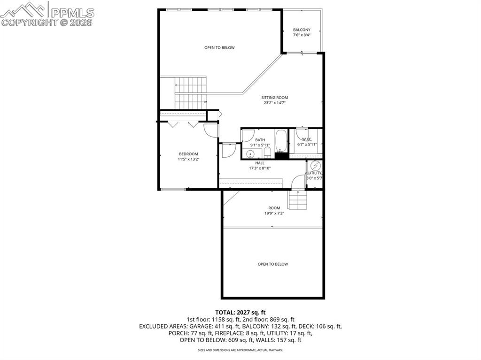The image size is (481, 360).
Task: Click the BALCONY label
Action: click(x=302, y=30)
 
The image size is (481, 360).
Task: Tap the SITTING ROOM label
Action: click(x=274, y=98)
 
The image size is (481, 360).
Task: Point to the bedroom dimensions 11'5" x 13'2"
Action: click(x=188, y=159)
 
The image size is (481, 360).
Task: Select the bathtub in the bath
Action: click(x=281, y=141)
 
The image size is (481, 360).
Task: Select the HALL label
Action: click(x=260, y=163)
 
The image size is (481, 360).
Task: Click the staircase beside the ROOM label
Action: click(x=297, y=201)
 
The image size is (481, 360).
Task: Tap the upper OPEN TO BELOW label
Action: click(x=219, y=47)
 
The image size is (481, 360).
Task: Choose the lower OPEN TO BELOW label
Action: click(x=273, y=264)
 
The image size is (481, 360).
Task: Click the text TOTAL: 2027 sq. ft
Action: click(x=240, y=312)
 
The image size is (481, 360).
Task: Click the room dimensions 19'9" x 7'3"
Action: click(x=274, y=213)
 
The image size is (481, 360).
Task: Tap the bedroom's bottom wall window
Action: click(x=173, y=189)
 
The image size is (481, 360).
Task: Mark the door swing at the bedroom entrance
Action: click(x=211, y=130)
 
